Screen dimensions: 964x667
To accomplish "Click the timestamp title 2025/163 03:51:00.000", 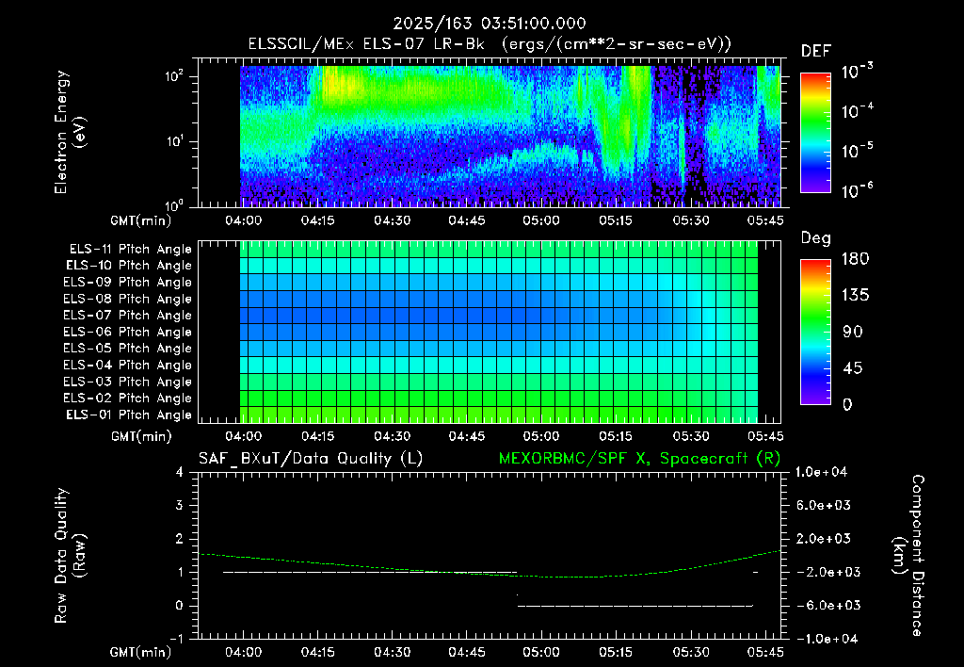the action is pyautogui.click(x=490, y=24).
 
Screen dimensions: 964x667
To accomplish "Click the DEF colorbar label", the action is pyautogui.click(x=816, y=51).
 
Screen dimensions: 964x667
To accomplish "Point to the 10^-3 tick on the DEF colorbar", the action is pyautogui.click(x=857, y=72).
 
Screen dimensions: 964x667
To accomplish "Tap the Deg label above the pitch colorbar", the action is pyautogui.click(x=816, y=238).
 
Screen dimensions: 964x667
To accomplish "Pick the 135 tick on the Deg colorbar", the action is pyautogui.click(x=855, y=295).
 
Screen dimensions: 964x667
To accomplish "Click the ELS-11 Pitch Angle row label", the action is pyautogui.click(x=130, y=250).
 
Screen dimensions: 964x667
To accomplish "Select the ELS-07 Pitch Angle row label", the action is pyautogui.click(x=127, y=315).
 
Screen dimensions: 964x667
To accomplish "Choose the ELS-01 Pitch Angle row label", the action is pyautogui.click(x=129, y=415).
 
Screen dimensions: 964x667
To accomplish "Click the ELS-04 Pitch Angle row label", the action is pyautogui.click(x=127, y=365).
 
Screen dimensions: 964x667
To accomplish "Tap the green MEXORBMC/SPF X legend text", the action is pyautogui.click(x=639, y=459).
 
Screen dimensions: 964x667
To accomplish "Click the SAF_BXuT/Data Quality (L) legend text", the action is pyautogui.click(x=311, y=459).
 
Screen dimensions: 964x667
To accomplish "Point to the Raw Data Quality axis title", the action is pyautogui.click(x=70, y=555).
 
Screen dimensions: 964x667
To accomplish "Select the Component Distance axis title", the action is pyautogui.click(x=908, y=556).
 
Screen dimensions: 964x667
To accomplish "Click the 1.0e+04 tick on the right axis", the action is pyautogui.click(x=822, y=472).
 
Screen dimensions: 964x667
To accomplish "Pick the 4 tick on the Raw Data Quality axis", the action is pyautogui.click(x=180, y=472).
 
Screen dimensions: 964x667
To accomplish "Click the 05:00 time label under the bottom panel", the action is pyautogui.click(x=541, y=652).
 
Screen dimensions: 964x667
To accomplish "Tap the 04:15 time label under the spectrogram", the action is pyautogui.click(x=318, y=220).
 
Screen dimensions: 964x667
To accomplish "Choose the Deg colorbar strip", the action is pyautogui.click(x=815, y=332).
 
